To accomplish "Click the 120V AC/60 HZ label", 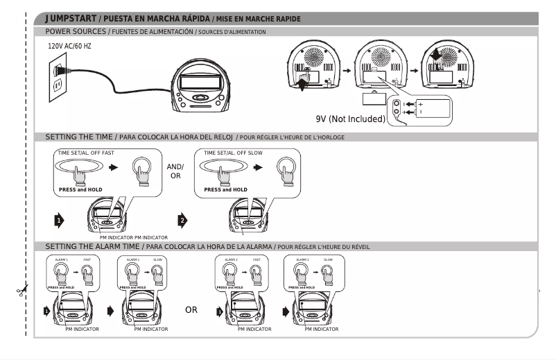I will [x=69, y=46].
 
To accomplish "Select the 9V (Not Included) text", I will [x=350, y=119].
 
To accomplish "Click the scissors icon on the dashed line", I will [x=23, y=291].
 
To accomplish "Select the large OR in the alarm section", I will [x=191, y=309].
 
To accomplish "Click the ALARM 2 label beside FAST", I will [x=230, y=259].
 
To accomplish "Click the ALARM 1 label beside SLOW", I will [x=132, y=259].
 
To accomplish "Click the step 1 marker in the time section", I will [x=60, y=221].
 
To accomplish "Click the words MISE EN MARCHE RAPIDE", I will [x=268, y=18].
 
